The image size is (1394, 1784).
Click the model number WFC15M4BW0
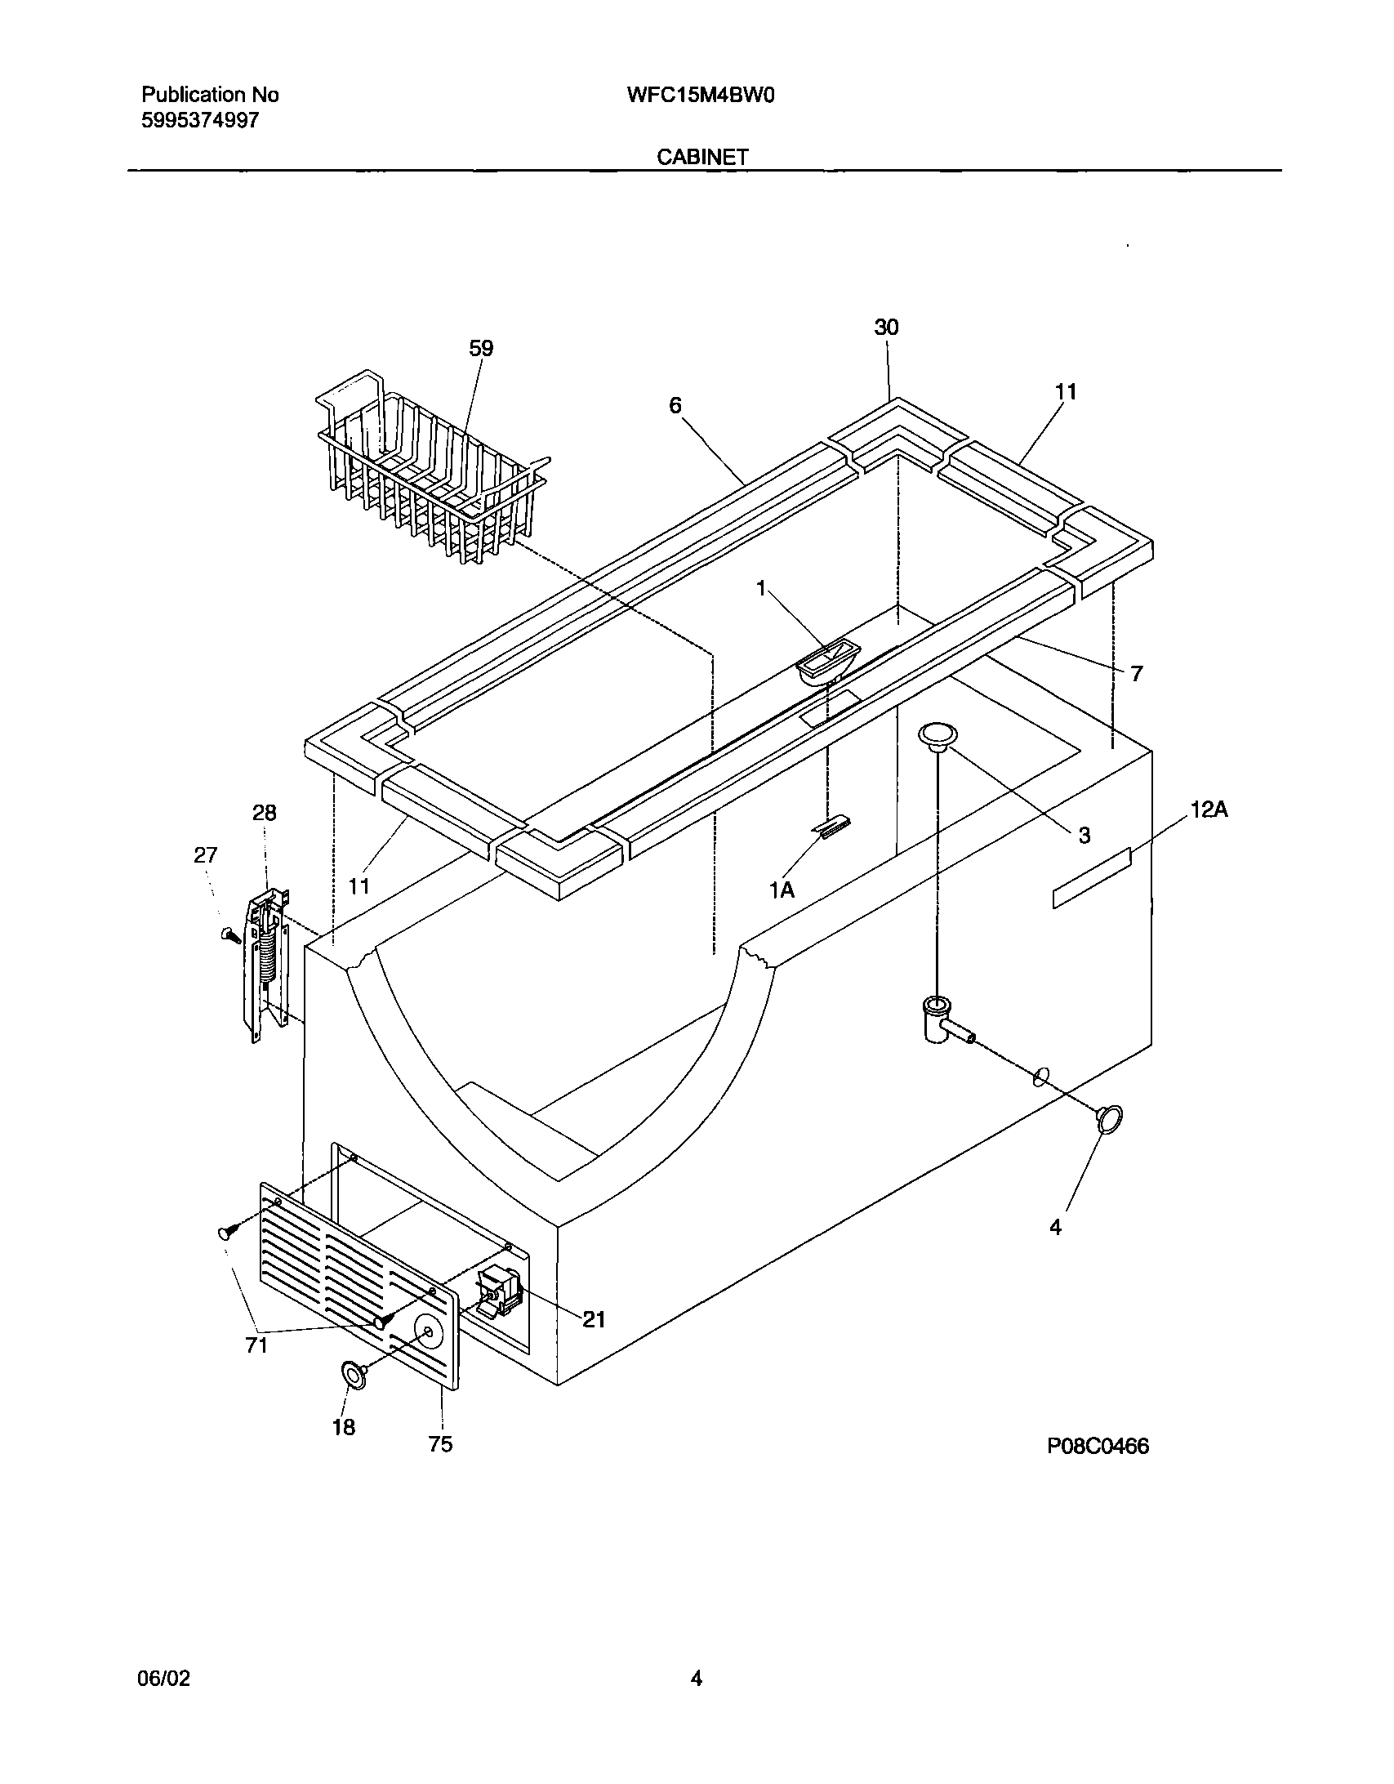(700, 96)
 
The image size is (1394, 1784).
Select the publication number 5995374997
(200, 121)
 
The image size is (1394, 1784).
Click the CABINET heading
(702, 157)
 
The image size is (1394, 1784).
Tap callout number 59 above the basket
(480, 349)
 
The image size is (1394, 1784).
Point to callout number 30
(886, 328)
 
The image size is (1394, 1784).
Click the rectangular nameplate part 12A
(1091, 877)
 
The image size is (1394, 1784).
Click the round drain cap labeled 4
(1108, 1118)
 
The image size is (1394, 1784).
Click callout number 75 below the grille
(440, 1445)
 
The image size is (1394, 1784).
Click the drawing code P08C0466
(1098, 1447)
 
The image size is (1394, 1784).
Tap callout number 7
(1136, 674)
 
